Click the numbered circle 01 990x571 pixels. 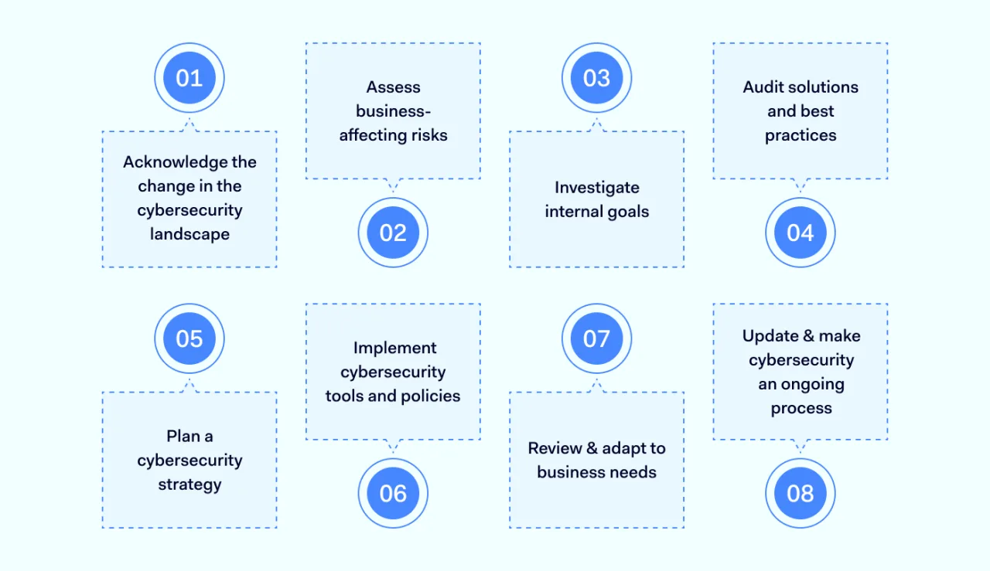click(189, 78)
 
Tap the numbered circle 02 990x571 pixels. click(393, 233)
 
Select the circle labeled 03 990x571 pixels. click(596, 78)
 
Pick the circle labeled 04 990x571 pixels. click(801, 233)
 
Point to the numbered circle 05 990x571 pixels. click(189, 338)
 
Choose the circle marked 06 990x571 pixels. click(393, 493)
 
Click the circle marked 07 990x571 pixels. click(596, 338)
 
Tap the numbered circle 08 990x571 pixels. click(801, 493)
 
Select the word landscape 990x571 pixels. click(189, 234)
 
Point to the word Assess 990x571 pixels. click(393, 87)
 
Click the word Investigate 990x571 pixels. click(596, 188)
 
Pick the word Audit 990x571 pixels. click(763, 87)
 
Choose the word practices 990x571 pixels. click(801, 135)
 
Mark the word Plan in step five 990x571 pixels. click(183, 437)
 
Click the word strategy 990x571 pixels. click(189, 485)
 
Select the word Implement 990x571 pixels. click(394, 348)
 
